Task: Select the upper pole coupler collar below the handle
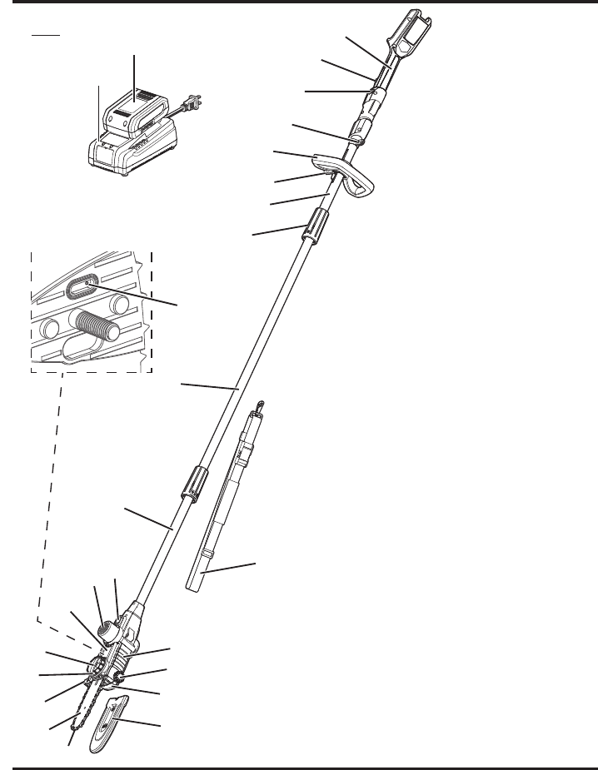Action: (315, 226)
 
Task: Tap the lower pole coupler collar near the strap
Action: (189, 485)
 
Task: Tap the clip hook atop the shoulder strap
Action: (260, 406)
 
